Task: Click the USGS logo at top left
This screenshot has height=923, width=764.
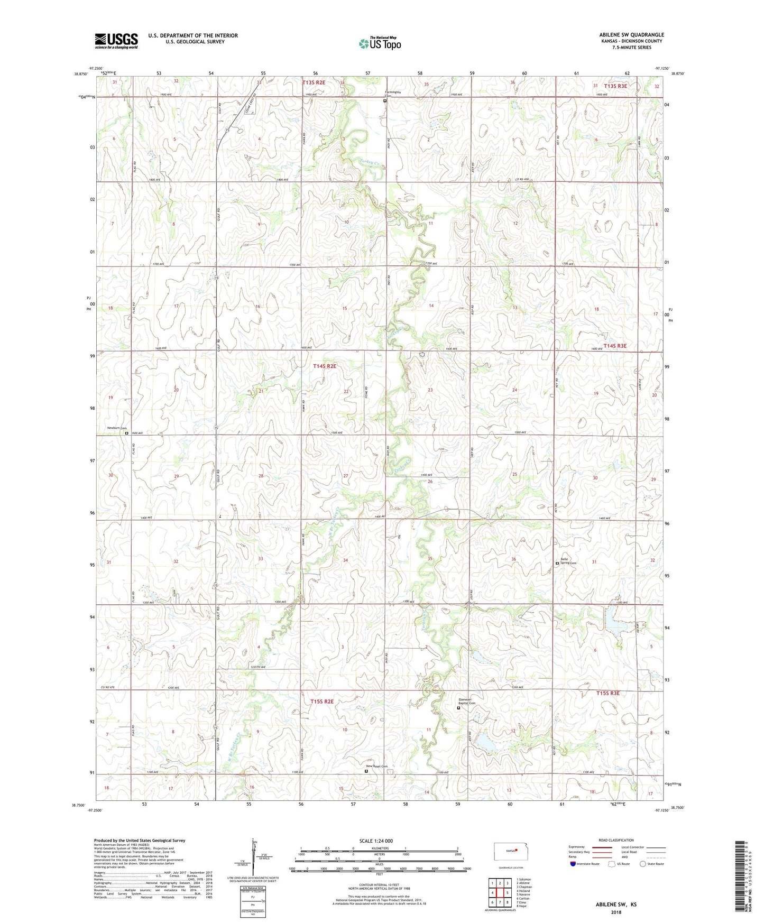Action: tap(116, 41)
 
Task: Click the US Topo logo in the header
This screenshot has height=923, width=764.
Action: tap(380, 43)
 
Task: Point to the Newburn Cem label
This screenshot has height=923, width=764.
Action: tap(116, 428)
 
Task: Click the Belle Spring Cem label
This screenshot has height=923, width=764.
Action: tap(568, 561)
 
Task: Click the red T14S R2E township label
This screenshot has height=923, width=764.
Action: tap(324, 366)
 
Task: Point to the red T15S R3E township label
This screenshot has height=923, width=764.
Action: tap(607, 693)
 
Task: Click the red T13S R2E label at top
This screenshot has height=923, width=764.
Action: tap(314, 82)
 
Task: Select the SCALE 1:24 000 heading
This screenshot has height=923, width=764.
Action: tap(376, 841)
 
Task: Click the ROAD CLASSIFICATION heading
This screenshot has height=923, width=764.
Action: tap(616, 840)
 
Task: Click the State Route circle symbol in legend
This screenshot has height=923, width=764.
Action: tap(643, 864)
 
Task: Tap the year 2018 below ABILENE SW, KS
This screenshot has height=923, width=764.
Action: tap(616, 912)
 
